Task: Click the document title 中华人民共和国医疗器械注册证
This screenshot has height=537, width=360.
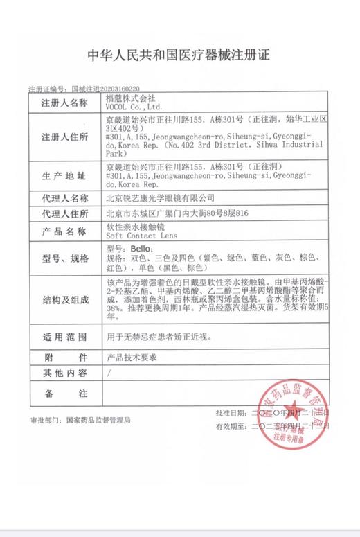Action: pos(179,55)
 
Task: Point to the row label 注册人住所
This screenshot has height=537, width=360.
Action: pos(65,135)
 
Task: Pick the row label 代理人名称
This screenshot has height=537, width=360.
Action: pos(65,198)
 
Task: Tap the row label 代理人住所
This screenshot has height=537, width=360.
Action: pos(65,213)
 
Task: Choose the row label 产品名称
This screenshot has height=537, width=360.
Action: pos(65,231)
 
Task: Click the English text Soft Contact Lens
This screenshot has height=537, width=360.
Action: pos(138,236)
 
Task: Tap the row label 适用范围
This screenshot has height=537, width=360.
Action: pos(65,337)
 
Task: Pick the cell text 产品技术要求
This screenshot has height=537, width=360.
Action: pos(132,358)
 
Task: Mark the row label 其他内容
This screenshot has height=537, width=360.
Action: pos(65,373)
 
